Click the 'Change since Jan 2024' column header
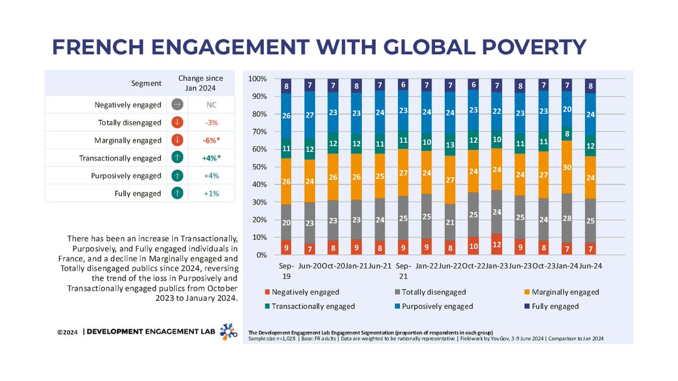coord(200,83)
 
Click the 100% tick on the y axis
coord(258,78)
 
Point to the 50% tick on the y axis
coord(260,167)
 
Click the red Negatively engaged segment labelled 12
coord(496,244)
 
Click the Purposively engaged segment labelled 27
coord(310,116)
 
